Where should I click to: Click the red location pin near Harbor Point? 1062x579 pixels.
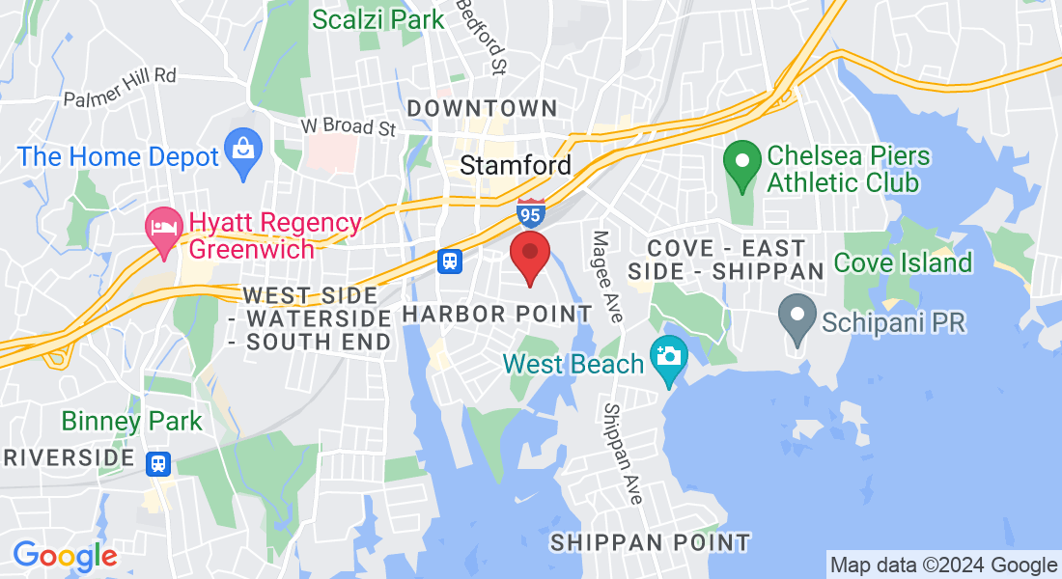coord(530,254)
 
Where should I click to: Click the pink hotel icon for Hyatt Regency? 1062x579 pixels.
coord(163,228)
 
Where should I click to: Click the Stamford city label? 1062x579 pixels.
coord(516,165)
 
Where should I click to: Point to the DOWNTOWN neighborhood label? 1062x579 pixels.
coord(482,108)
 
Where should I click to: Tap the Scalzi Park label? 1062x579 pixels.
coord(377,18)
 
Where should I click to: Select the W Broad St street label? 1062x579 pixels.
coord(349,127)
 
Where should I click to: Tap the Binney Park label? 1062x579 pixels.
coord(132,421)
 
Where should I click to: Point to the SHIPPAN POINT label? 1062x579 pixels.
coord(650,542)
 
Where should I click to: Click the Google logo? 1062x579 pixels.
coord(65,555)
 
